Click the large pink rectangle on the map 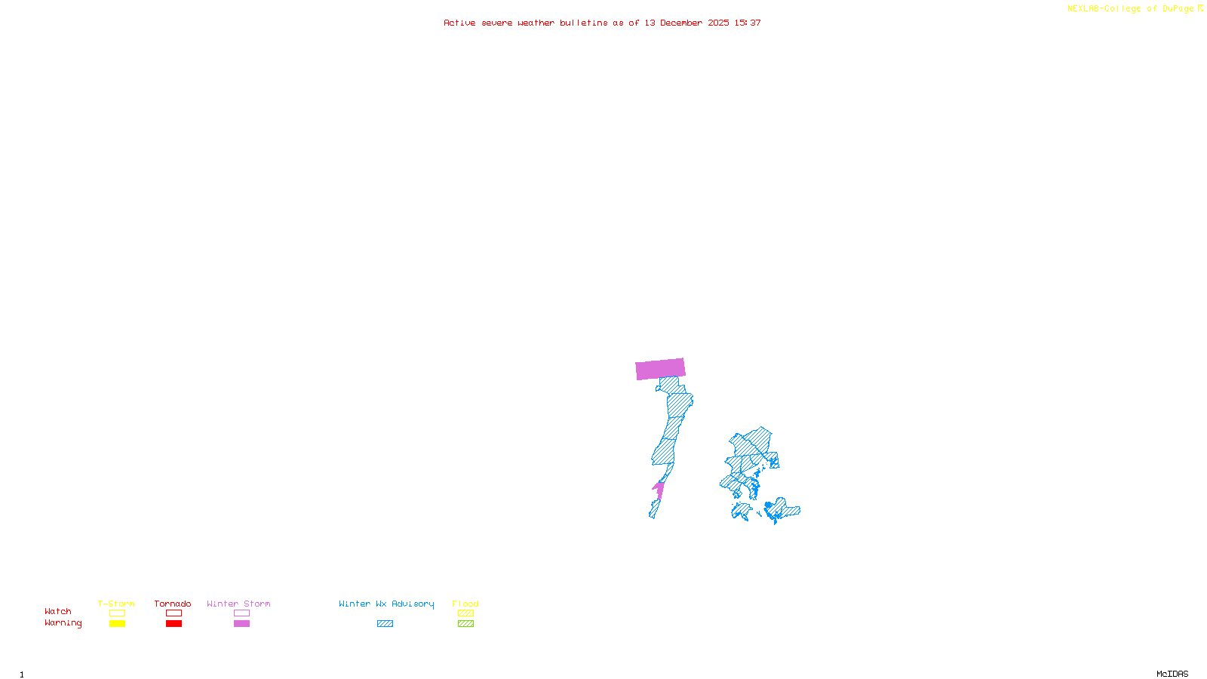click(660, 369)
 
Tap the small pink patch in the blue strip click(659, 489)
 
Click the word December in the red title click(681, 23)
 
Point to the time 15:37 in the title click(748, 23)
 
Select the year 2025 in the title click(718, 23)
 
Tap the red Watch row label click(58, 611)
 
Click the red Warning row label click(63, 623)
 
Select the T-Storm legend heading click(116, 604)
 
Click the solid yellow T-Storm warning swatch click(117, 624)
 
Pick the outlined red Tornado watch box click(174, 613)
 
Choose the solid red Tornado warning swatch click(174, 624)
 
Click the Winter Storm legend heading click(238, 604)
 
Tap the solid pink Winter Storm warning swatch click(241, 624)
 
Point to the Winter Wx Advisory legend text click(386, 604)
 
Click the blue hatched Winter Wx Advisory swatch click(385, 624)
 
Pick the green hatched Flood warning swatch click(465, 624)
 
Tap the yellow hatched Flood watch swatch click(465, 613)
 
